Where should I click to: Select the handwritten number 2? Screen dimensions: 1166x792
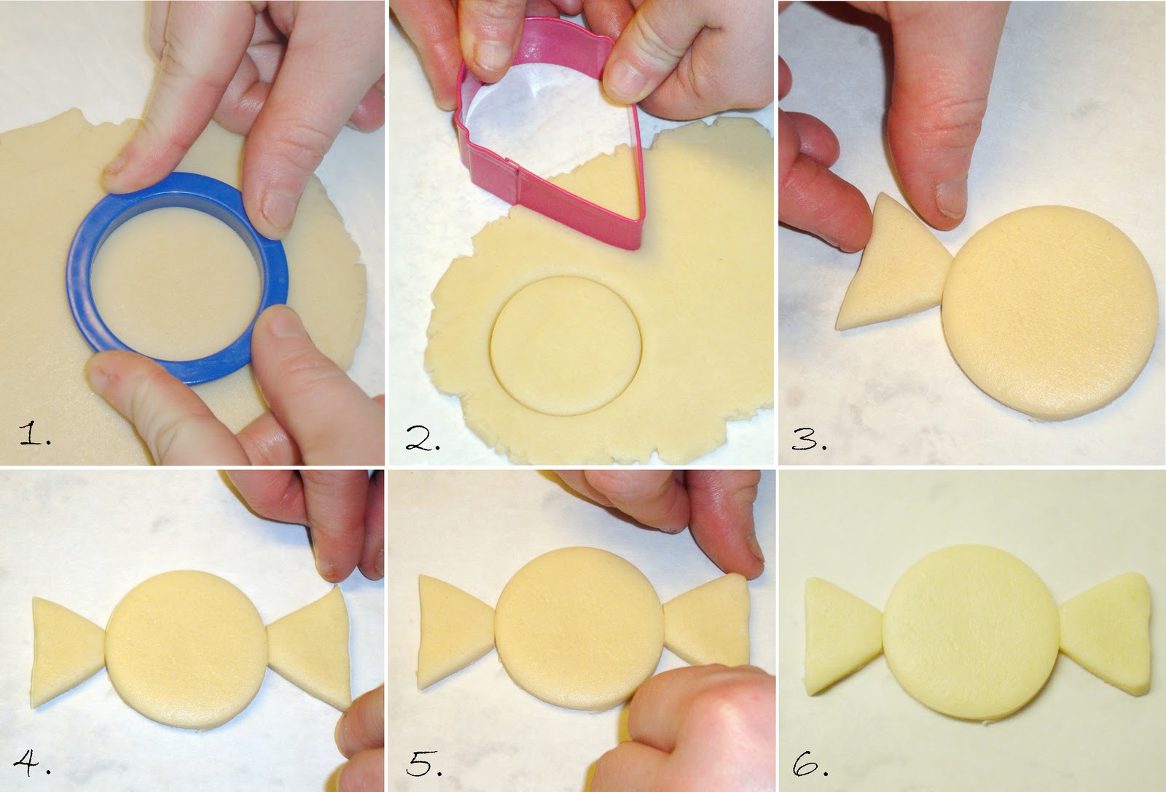[423, 438]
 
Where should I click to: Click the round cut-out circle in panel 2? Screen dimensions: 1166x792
[566, 346]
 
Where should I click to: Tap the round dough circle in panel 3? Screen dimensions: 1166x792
[1049, 313]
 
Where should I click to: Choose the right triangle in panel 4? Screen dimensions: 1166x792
[310, 648]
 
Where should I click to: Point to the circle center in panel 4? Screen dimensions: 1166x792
[187, 649]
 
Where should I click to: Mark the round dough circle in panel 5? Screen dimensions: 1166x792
[579, 629]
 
